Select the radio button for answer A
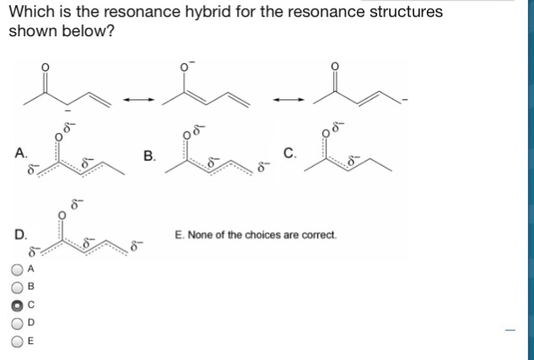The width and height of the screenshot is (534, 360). (17, 269)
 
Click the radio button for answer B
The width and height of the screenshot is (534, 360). (17, 287)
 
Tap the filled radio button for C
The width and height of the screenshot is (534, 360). (17, 304)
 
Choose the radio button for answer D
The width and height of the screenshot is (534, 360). (17, 322)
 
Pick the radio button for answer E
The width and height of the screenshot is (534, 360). (17, 341)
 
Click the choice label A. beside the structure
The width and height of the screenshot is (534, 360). (19, 153)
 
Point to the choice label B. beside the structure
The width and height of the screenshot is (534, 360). (149, 155)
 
